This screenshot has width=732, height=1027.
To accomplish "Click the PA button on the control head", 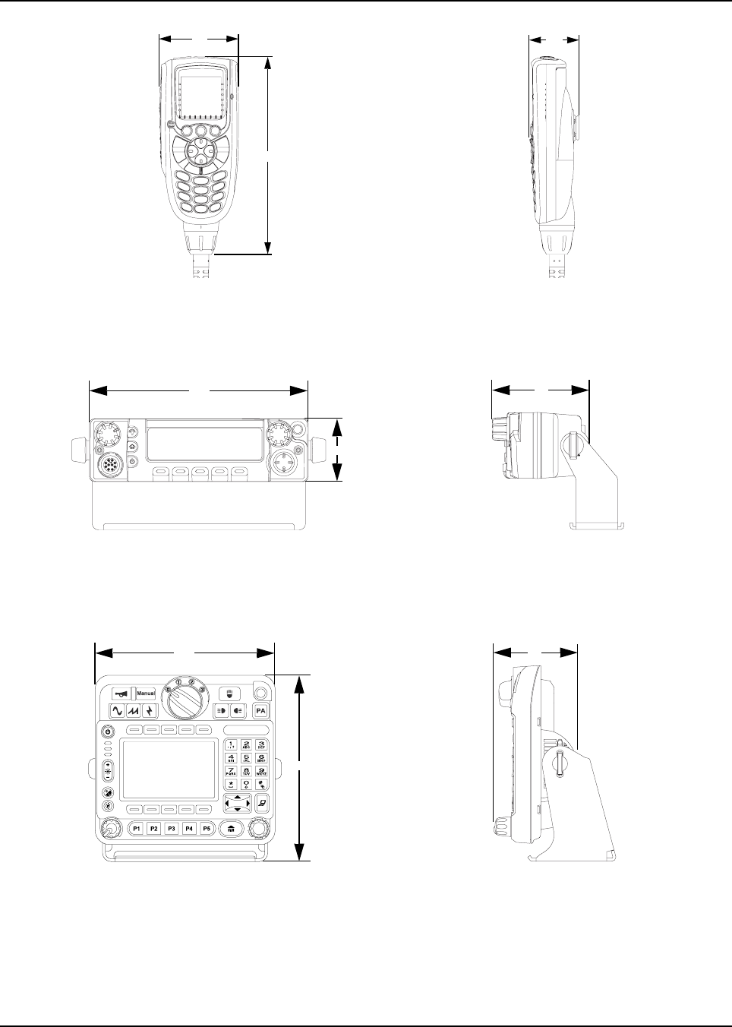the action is (261, 711).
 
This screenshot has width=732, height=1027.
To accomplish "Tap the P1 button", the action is (137, 829).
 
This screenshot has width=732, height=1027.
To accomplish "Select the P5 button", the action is (207, 829).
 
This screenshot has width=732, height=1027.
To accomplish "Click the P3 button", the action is (172, 829).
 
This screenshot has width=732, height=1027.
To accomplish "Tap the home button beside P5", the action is (229, 829).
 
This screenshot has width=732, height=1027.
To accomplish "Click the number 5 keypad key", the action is (246, 760).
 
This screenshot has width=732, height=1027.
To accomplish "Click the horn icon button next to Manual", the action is (121, 694).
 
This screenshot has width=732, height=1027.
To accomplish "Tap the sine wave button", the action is (118, 711).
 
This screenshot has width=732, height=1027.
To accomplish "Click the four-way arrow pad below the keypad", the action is (238, 804).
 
